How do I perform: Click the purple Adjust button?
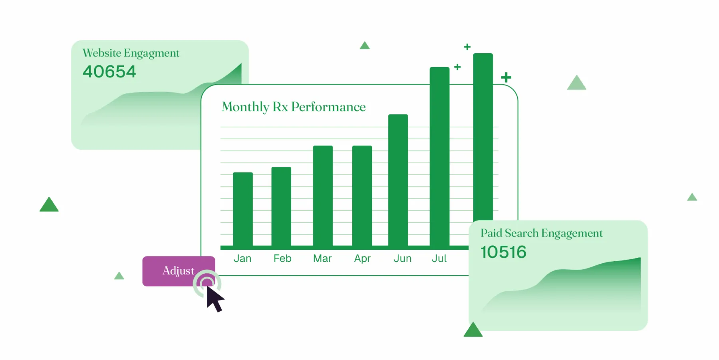(x=179, y=271)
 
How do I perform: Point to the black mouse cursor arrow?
(x=215, y=298)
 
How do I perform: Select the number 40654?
(x=109, y=72)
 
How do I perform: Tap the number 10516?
(x=503, y=252)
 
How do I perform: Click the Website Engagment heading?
(x=131, y=53)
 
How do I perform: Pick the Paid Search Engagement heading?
(x=542, y=233)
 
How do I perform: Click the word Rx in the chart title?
(x=280, y=107)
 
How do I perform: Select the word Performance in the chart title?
(x=328, y=107)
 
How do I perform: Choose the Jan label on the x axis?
(x=242, y=259)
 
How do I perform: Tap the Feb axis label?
(x=282, y=259)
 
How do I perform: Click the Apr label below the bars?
(x=362, y=259)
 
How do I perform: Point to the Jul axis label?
(x=439, y=259)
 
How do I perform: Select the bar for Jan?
(x=243, y=209)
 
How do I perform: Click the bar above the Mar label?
(x=323, y=196)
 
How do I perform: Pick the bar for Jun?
(x=398, y=180)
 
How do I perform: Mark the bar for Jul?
(x=439, y=157)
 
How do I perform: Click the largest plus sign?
(x=506, y=77)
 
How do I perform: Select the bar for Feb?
(x=281, y=207)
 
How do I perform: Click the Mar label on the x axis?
(x=322, y=259)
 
